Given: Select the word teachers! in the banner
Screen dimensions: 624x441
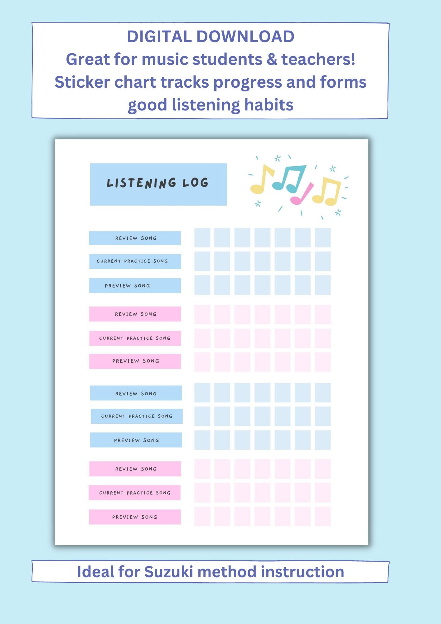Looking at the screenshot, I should [318, 59].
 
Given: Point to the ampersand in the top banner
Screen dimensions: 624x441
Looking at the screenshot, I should [272, 59].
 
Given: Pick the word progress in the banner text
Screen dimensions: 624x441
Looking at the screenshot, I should [248, 83].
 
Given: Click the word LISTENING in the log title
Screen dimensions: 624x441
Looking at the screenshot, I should [141, 183].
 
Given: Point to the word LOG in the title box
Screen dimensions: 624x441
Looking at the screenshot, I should [195, 183].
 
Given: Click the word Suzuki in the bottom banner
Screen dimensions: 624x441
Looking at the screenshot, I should [168, 572].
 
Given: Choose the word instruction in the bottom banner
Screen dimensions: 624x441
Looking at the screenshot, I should [302, 572].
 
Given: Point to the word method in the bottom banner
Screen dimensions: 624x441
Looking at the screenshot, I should [227, 572].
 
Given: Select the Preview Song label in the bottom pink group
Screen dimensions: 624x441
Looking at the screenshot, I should [135, 517].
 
